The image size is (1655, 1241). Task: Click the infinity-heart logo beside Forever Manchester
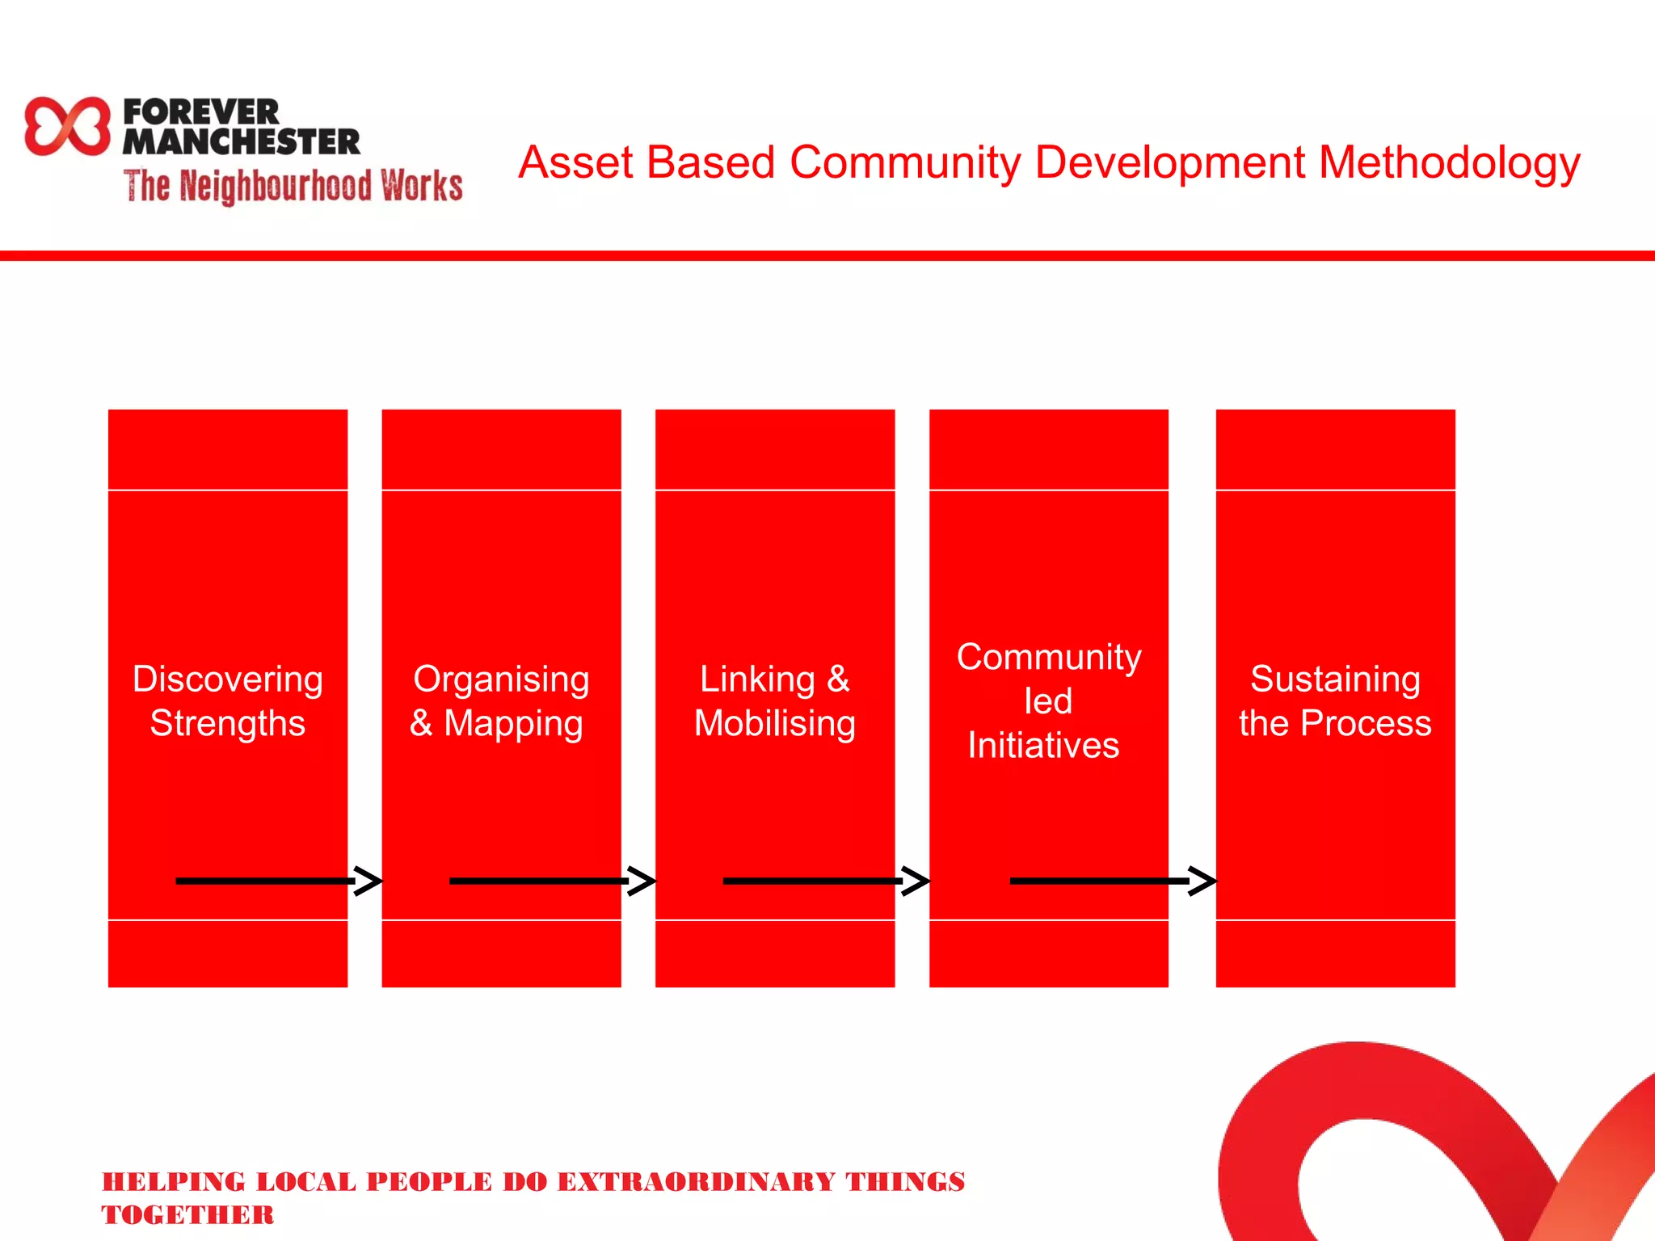[x=67, y=126]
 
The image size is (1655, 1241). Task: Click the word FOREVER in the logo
[x=201, y=111]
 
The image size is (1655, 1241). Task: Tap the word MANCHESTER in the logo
[x=241, y=142]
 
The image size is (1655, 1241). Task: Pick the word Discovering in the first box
[x=228, y=679]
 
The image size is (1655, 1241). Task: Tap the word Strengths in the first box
[x=228, y=723]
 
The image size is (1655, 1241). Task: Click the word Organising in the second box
[x=501, y=679]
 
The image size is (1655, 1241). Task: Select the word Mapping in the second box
[x=513, y=723]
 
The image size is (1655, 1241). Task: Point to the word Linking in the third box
[x=757, y=679]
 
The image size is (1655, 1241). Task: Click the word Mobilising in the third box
[x=775, y=723]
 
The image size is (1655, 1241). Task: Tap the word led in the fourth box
[x=1048, y=700]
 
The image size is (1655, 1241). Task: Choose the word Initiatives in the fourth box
[x=1043, y=745]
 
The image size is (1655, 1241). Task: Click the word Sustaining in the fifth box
[x=1335, y=679]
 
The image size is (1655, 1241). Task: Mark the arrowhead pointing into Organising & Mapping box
[x=370, y=881]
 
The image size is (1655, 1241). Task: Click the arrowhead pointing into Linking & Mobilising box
[x=643, y=881]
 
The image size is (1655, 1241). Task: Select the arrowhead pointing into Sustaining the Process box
[x=1203, y=881]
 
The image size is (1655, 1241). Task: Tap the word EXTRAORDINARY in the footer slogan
[x=696, y=1182]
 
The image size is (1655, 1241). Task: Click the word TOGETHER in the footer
[x=187, y=1215]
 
